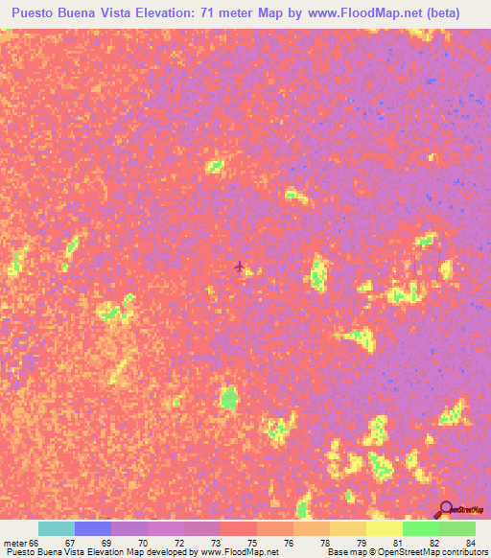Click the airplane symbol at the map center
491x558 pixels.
[x=239, y=267]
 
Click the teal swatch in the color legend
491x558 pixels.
[x=57, y=528]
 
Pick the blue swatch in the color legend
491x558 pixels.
[x=93, y=528]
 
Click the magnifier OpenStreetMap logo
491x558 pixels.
[x=447, y=508]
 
